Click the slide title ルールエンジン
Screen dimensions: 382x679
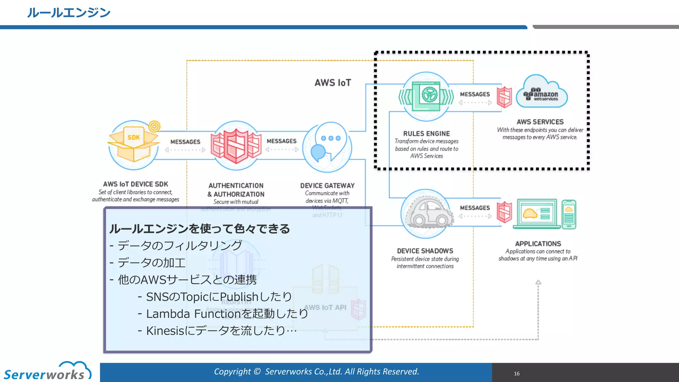tap(69, 13)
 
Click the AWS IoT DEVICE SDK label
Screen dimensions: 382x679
tap(136, 184)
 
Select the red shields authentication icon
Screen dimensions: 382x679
tap(236, 146)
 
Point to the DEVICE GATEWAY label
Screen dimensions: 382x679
tap(327, 186)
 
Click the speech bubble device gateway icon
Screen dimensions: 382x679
tap(328, 146)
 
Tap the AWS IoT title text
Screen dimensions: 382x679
tap(333, 83)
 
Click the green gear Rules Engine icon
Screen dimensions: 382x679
tap(426, 96)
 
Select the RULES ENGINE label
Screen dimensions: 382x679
tap(426, 134)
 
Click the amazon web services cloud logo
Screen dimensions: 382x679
tap(542, 93)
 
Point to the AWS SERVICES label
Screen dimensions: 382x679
tap(540, 122)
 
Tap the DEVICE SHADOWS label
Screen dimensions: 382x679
tap(425, 251)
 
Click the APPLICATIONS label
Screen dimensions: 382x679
tap(538, 244)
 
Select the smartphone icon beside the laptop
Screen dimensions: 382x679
tap(569, 214)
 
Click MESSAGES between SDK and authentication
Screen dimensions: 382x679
tap(185, 142)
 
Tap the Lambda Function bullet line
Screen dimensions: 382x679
tap(227, 314)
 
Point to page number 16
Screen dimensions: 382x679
tap(517, 374)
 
